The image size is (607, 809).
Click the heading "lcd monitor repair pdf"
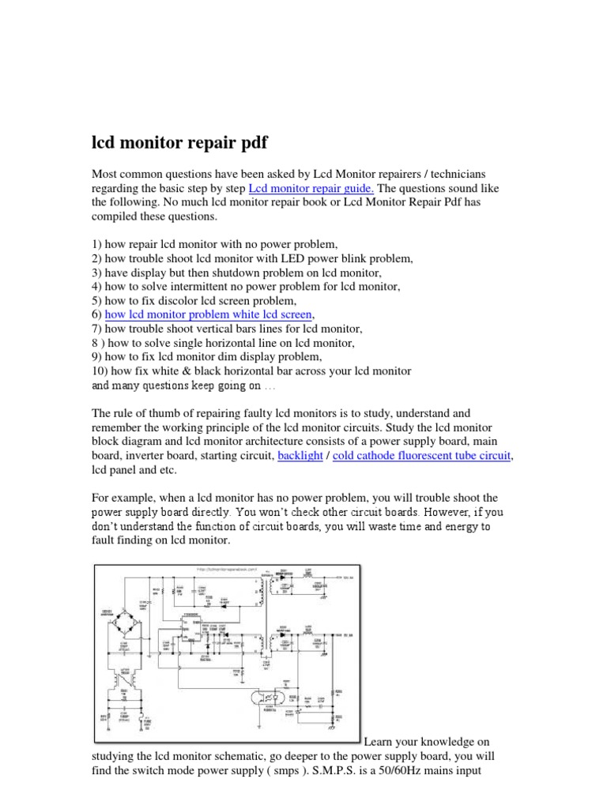pos(179,144)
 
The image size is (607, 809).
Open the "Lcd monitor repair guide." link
pos(312,188)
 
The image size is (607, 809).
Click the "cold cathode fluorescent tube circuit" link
pos(423,456)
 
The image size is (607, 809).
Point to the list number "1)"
pos(97,243)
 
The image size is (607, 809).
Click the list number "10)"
pos(100,371)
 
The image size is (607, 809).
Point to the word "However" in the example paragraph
pos(437,512)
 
